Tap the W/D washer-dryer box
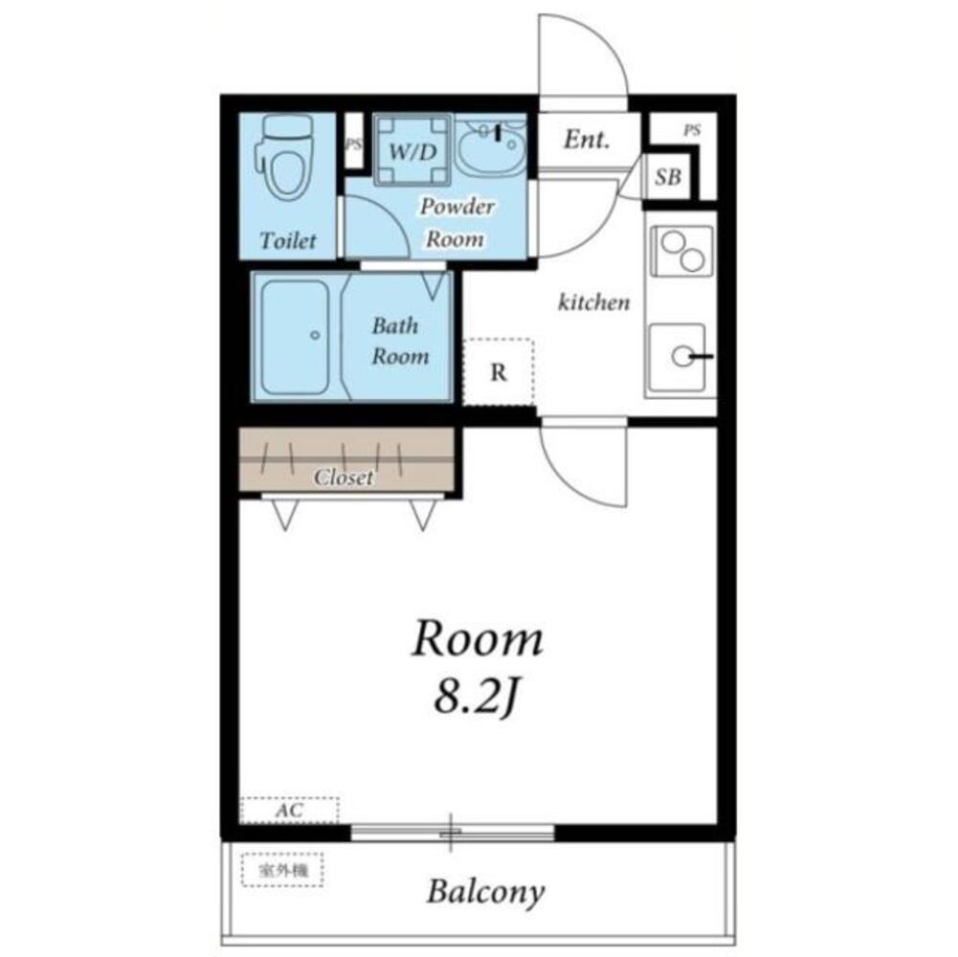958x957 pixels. [412, 149]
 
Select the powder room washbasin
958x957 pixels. [491, 147]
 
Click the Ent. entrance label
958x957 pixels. [587, 140]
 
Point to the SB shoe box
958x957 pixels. [668, 177]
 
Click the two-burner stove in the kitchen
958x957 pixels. [681, 251]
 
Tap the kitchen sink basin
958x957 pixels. [679, 358]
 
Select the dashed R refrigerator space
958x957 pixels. [499, 371]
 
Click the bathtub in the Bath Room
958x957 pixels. [296, 337]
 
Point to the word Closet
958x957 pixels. [344, 477]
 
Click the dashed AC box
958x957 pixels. [289, 811]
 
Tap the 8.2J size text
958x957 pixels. [478, 698]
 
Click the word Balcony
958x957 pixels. [485, 892]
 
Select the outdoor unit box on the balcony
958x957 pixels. [282, 870]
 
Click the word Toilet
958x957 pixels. [288, 240]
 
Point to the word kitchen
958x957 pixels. [594, 301]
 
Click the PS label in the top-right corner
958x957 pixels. [692, 130]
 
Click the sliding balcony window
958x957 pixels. [452, 833]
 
